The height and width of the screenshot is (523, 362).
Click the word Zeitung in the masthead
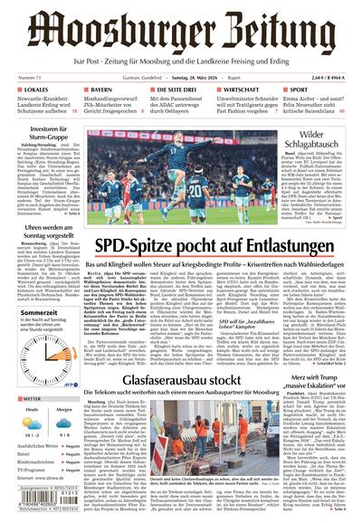click(271, 34)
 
